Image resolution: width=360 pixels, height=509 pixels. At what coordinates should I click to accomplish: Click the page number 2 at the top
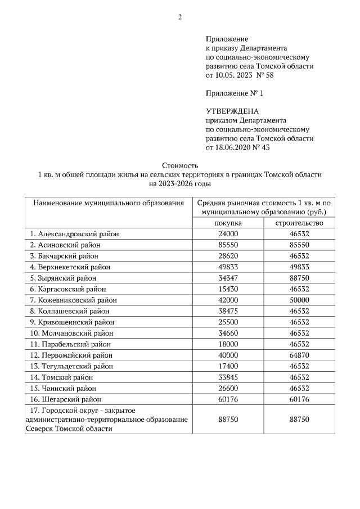(180, 17)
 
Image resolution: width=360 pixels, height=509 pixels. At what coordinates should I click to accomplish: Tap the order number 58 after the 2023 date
(269, 75)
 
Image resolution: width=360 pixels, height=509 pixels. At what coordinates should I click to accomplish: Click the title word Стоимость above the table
(180, 166)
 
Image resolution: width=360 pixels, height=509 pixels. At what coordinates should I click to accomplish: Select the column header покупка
(228, 223)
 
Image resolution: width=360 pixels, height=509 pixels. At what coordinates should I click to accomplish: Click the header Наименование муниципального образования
(109, 202)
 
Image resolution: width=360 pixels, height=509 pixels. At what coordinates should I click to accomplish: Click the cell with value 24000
(228, 233)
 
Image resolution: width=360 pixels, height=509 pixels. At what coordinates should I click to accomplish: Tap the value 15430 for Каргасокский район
(228, 289)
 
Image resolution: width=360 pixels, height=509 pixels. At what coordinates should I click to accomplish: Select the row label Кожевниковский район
(78, 300)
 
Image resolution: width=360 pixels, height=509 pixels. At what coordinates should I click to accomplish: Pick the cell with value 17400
(228, 366)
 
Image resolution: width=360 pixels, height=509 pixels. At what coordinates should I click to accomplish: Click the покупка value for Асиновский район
(228, 245)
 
